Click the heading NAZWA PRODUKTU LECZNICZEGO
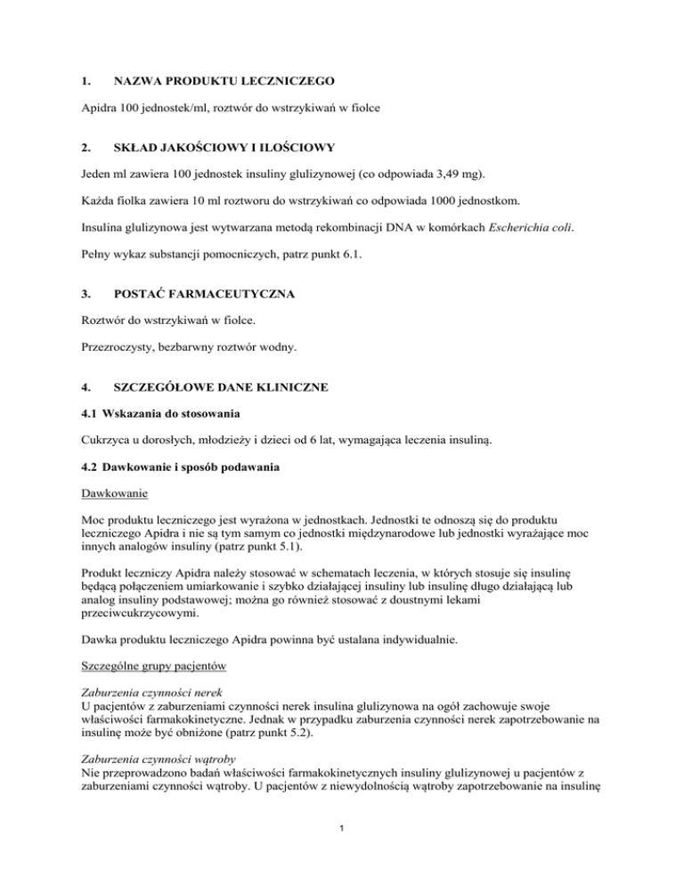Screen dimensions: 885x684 tap(231, 82)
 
